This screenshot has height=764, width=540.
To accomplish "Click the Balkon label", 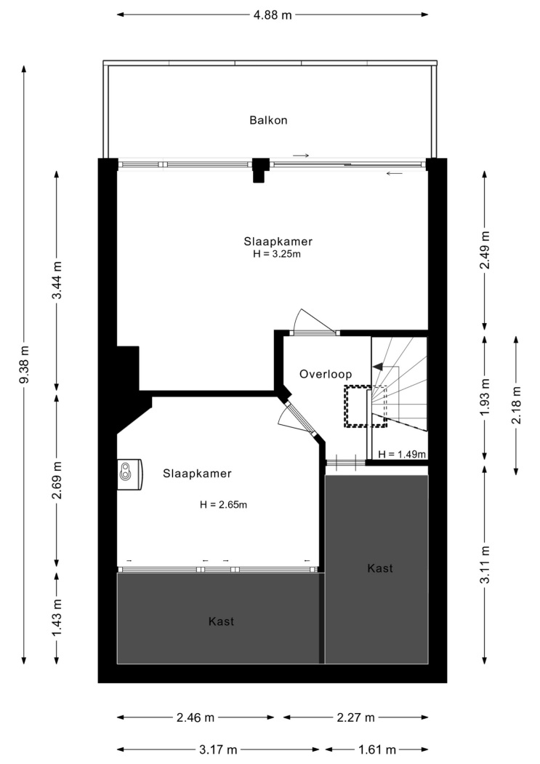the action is tap(268, 120).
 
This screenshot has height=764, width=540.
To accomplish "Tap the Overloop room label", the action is tap(326, 374).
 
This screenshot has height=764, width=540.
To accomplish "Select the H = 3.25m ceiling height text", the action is tap(276, 254).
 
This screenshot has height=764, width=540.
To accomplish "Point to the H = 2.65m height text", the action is tap(223, 505).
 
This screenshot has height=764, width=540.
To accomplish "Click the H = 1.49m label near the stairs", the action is tap(402, 454).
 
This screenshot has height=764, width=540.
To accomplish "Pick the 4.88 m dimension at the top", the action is tap(273, 15).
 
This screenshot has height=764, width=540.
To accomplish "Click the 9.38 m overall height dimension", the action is tap(24, 365).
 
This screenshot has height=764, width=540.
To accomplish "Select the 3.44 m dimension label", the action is tap(57, 281).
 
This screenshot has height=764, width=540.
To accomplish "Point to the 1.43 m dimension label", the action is tap(57, 617).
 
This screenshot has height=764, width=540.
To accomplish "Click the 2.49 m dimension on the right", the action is tap(485, 250).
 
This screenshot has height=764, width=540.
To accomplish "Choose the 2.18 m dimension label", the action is tap(516, 405).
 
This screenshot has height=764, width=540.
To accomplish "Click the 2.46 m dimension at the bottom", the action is tap(195, 717).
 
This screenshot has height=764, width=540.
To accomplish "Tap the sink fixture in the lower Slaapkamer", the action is tap(129, 474).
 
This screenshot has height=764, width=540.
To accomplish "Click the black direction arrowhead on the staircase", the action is tap(377, 367).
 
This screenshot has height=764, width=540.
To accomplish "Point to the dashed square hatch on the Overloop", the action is tap(366, 406).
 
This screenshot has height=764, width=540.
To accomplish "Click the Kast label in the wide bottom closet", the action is tap(221, 621).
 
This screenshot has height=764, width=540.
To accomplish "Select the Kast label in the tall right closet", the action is tap(380, 568).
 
